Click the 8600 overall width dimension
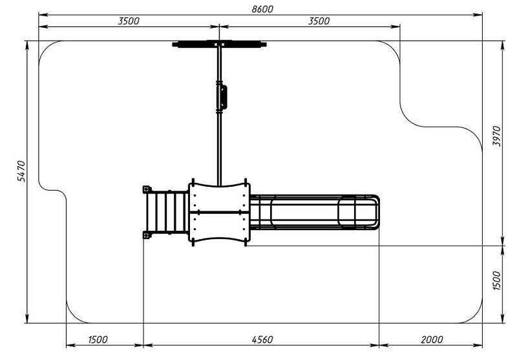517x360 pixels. click(262, 9)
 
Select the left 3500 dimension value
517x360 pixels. click(129, 21)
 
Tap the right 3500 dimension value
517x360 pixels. click(319, 21)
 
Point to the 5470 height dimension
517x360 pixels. click(21, 171)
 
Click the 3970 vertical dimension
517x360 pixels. click(496, 136)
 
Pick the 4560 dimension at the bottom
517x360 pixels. click(262, 339)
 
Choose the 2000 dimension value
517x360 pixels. click(432, 339)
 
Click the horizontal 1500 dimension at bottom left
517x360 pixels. click(98, 339)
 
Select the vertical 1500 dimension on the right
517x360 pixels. click(496, 281)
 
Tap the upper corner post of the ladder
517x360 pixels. click(147, 189)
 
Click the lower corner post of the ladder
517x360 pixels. click(147, 235)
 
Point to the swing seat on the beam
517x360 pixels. click(222, 97)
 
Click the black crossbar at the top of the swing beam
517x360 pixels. click(219, 44)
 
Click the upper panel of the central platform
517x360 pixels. click(219, 197)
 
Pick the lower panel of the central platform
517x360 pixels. click(219, 228)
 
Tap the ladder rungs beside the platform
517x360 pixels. click(167, 212)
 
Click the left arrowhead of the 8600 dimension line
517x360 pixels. click(43, 15)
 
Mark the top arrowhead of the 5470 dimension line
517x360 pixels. click(27, 45)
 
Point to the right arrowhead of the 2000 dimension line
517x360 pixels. click(478, 345)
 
